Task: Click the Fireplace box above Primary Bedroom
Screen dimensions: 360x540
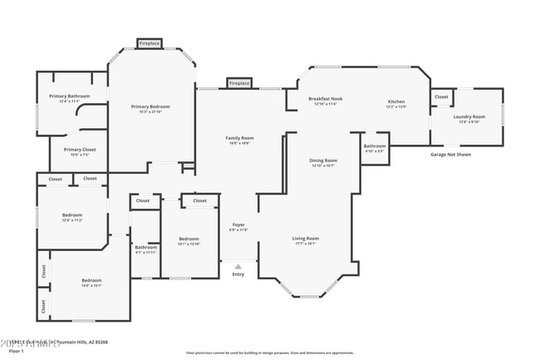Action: [x=150, y=43]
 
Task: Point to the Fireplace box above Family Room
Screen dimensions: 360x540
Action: [x=239, y=84]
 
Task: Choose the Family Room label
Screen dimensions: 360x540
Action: [x=239, y=139]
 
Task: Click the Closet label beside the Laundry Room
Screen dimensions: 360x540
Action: [x=441, y=97]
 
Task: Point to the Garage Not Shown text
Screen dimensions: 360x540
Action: [x=450, y=155]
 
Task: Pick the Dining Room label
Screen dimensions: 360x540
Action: [x=323, y=162]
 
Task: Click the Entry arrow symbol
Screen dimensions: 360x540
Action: [x=238, y=267]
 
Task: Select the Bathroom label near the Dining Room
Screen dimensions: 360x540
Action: [x=375, y=148]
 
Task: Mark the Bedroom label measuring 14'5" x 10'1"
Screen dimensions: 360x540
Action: [x=91, y=282]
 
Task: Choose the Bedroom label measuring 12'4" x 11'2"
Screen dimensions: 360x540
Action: [x=72, y=217]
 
